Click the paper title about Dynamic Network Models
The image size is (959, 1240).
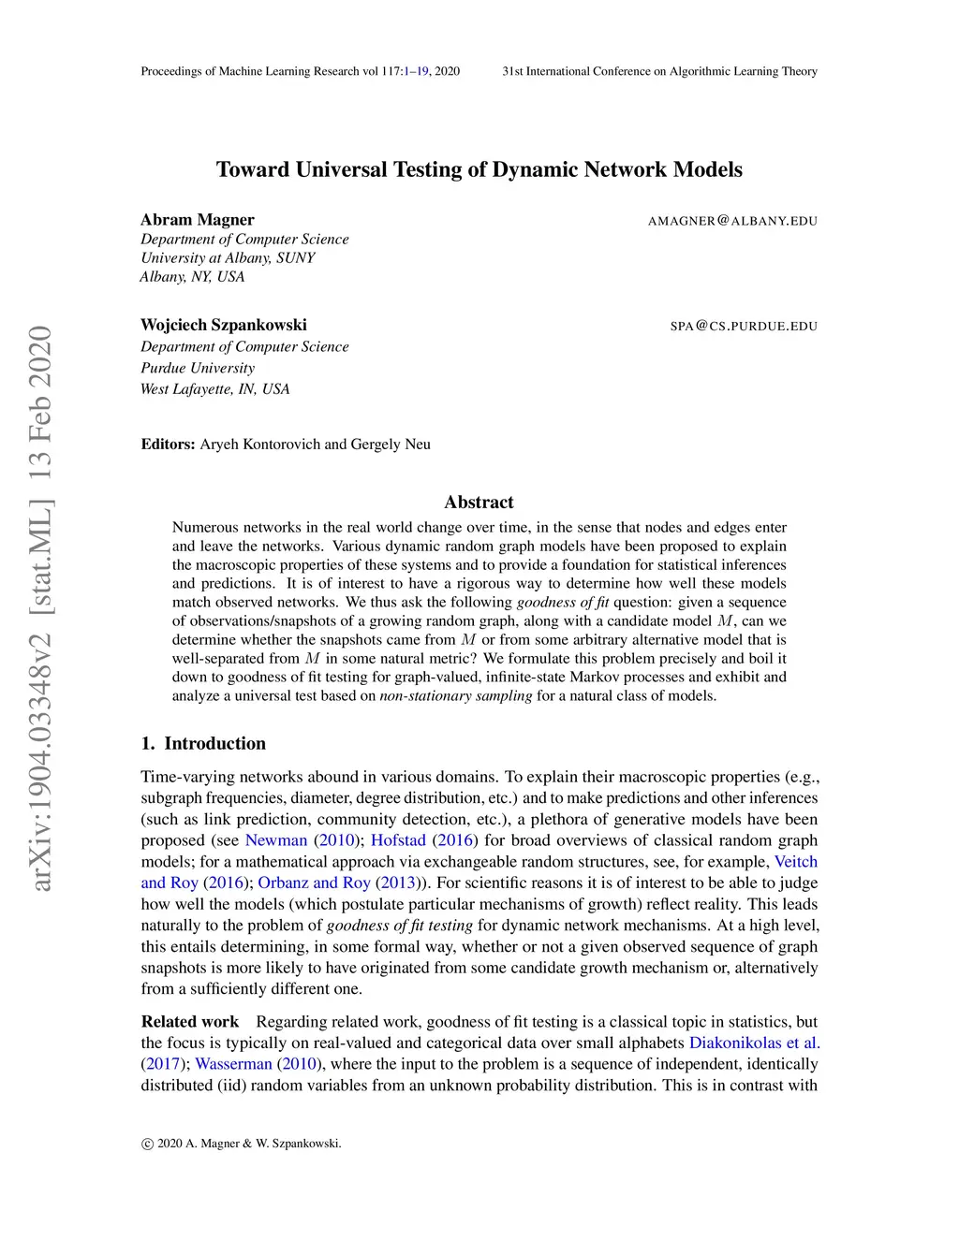[x=479, y=169]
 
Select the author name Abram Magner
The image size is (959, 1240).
[x=198, y=220]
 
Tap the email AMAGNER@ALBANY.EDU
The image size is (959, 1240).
[x=732, y=221]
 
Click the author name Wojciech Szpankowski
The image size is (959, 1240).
[x=224, y=325]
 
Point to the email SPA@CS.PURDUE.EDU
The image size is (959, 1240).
[x=744, y=326]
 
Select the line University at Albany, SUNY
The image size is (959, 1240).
[x=228, y=257]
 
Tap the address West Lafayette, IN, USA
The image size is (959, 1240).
[x=214, y=388]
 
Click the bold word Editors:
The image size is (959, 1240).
[x=169, y=444]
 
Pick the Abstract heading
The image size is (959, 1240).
[x=479, y=502]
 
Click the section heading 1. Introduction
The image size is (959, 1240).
[x=203, y=743]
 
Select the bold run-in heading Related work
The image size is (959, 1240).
[x=190, y=1021]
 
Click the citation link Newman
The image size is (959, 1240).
[x=276, y=839]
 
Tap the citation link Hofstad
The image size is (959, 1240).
[x=398, y=839]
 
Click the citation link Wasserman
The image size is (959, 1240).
[x=233, y=1063]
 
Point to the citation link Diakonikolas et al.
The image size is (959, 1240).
[x=754, y=1042]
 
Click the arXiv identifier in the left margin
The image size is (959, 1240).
[x=40, y=608]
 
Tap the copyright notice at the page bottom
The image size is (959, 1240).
[x=241, y=1143]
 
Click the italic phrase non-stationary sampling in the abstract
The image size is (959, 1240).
[x=455, y=695]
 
